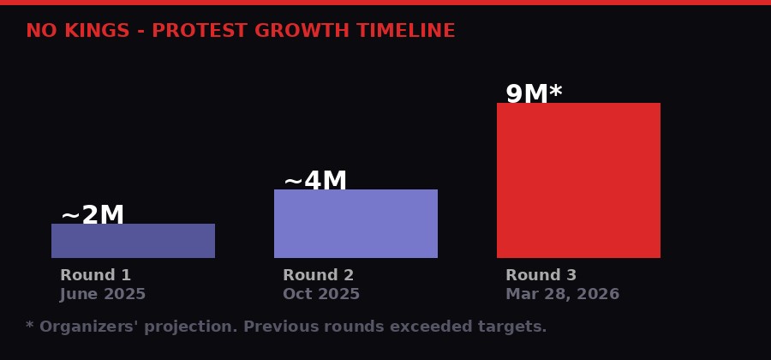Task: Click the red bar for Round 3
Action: [x=578, y=180]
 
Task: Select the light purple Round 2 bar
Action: [x=356, y=224]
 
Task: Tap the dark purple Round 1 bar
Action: [x=133, y=241]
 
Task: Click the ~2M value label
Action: [x=93, y=215]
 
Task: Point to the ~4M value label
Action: [x=315, y=181]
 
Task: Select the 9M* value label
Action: [x=534, y=94]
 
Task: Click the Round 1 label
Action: [x=95, y=275]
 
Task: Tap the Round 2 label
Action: [x=318, y=275]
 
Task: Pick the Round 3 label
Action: [x=541, y=275]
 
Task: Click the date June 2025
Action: [x=103, y=294]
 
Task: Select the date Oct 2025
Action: [x=321, y=294]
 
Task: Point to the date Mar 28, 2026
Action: [x=562, y=294]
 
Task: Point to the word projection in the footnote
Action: [x=185, y=327]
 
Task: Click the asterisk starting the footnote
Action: [x=30, y=325]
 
